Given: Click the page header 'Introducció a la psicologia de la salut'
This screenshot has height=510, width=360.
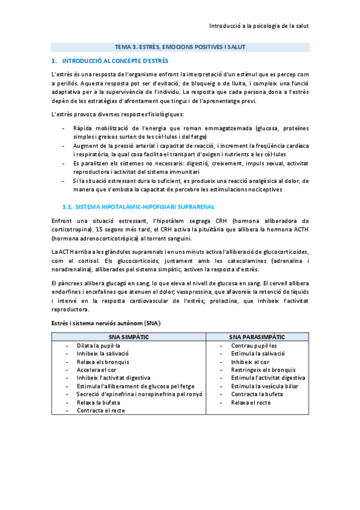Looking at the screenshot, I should pyautogui.click(x=258, y=26).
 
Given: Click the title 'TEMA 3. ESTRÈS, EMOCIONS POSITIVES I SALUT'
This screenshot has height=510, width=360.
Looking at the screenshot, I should pyautogui.click(x=180, y=47).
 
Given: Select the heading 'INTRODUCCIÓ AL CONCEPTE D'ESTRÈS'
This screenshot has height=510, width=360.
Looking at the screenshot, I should pyautogui.click(x=115, y=61).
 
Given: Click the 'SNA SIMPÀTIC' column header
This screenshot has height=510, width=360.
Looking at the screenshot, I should pyautogui.click(x=129, y=337).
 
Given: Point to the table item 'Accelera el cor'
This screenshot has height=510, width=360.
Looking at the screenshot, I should pyautogui.click(x=96, y=370).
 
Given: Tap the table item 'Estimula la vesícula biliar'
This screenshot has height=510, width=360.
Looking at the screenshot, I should pyautogui.click(x=266, y=386).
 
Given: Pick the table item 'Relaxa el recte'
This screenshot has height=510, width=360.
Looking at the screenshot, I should pyautogui.click(x=251, y=402).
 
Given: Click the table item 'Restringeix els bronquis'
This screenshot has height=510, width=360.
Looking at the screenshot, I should pyautogui.click(x=263, y=370).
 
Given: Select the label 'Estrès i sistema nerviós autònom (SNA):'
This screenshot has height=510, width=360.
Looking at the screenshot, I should pyautogui.click(x=106, y=324).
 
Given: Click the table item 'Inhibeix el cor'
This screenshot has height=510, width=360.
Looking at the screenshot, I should pyautogui.click(x=250, y=362).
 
